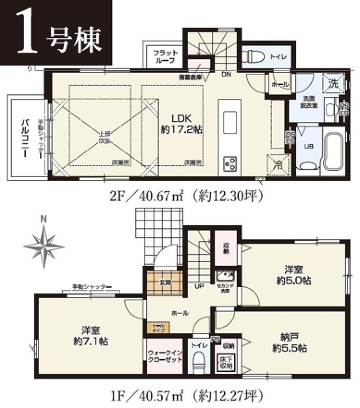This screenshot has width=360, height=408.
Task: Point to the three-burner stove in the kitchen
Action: (x=229, y=164)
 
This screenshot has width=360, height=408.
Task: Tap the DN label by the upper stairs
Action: (x=225, y=73)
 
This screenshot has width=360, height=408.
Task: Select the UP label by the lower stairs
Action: (x=199, y=286)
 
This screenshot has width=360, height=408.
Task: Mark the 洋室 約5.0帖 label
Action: (x=294, y=274)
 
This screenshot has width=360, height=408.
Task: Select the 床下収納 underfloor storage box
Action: (x=227, y=361)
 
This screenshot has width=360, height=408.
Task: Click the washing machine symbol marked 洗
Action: (x=333, y=85)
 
